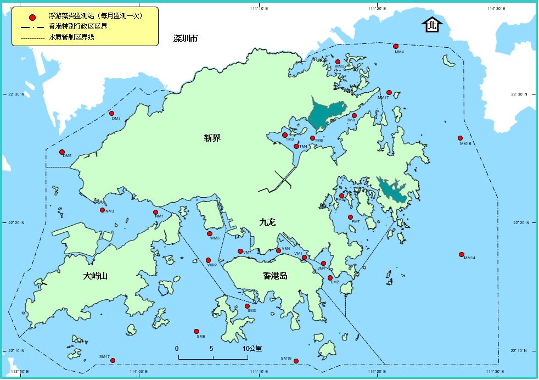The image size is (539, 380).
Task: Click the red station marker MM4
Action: (x=396, y=47)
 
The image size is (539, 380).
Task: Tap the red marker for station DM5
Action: (x=62, y=152)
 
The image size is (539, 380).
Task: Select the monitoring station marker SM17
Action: (x=113, y=361)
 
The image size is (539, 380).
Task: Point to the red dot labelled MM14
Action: (x=461, y=254)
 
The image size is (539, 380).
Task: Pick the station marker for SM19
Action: (x=296, y=361)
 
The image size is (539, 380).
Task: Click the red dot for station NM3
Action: (x=102, y=210)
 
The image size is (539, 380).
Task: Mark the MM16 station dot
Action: (x=460, y=138)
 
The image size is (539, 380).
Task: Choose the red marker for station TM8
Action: (x=355, y=116)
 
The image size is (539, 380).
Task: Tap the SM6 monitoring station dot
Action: (x=196, y=332)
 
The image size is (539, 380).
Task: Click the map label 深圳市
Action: (x=185, y=39)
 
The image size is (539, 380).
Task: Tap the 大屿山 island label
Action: (x=96, y=276)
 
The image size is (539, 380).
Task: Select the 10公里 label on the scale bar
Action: (x=252, y=349)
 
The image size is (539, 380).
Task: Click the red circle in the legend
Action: (x=32, y=17)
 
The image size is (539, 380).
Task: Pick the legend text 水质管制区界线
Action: (x=71, y=38)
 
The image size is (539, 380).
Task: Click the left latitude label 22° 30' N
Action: (x=16, y=94)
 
